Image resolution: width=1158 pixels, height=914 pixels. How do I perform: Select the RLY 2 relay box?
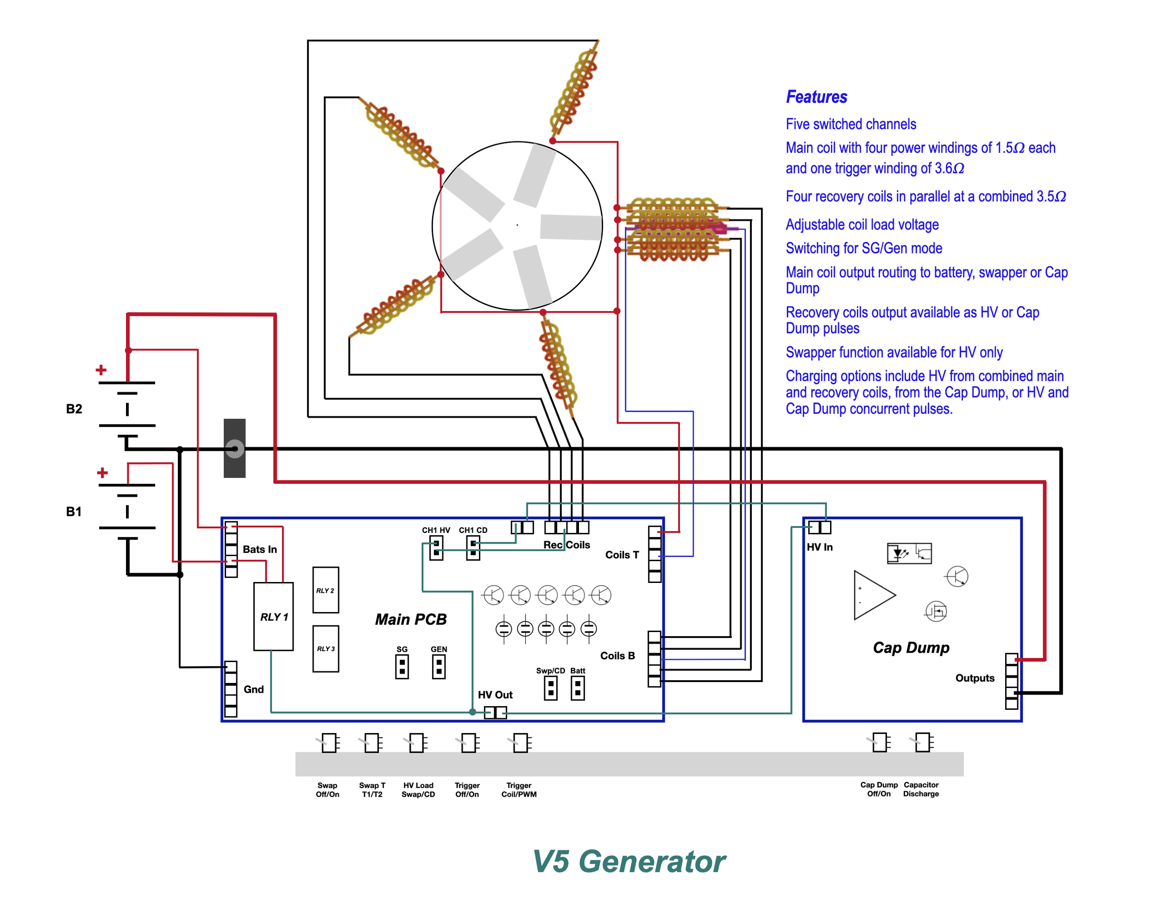pos(326,590)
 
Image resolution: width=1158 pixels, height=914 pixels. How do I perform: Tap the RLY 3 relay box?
pos(326,649)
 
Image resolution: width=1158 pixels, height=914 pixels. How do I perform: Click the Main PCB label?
pos(411,619)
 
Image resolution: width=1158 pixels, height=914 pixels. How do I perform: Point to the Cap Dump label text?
pos(911,647)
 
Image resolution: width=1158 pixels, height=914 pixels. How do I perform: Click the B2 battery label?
pos(74,409)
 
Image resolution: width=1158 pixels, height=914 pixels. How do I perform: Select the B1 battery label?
pos(74,512)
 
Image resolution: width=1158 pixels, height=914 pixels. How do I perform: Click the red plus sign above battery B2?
pos(101,370)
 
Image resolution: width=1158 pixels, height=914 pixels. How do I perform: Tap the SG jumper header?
pos(402,667)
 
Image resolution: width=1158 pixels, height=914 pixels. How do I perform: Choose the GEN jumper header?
pos(439,667)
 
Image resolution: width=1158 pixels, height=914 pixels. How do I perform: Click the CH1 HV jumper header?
pos(436,548)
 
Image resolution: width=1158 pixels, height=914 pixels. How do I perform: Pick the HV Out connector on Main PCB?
pos(495,712)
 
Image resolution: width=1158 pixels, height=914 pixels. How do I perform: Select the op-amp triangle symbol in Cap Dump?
pos(873,595)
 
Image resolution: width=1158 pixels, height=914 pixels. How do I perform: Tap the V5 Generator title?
pos(629,862)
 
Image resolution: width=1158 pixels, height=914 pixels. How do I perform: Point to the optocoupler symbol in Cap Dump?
pos(909,553)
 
